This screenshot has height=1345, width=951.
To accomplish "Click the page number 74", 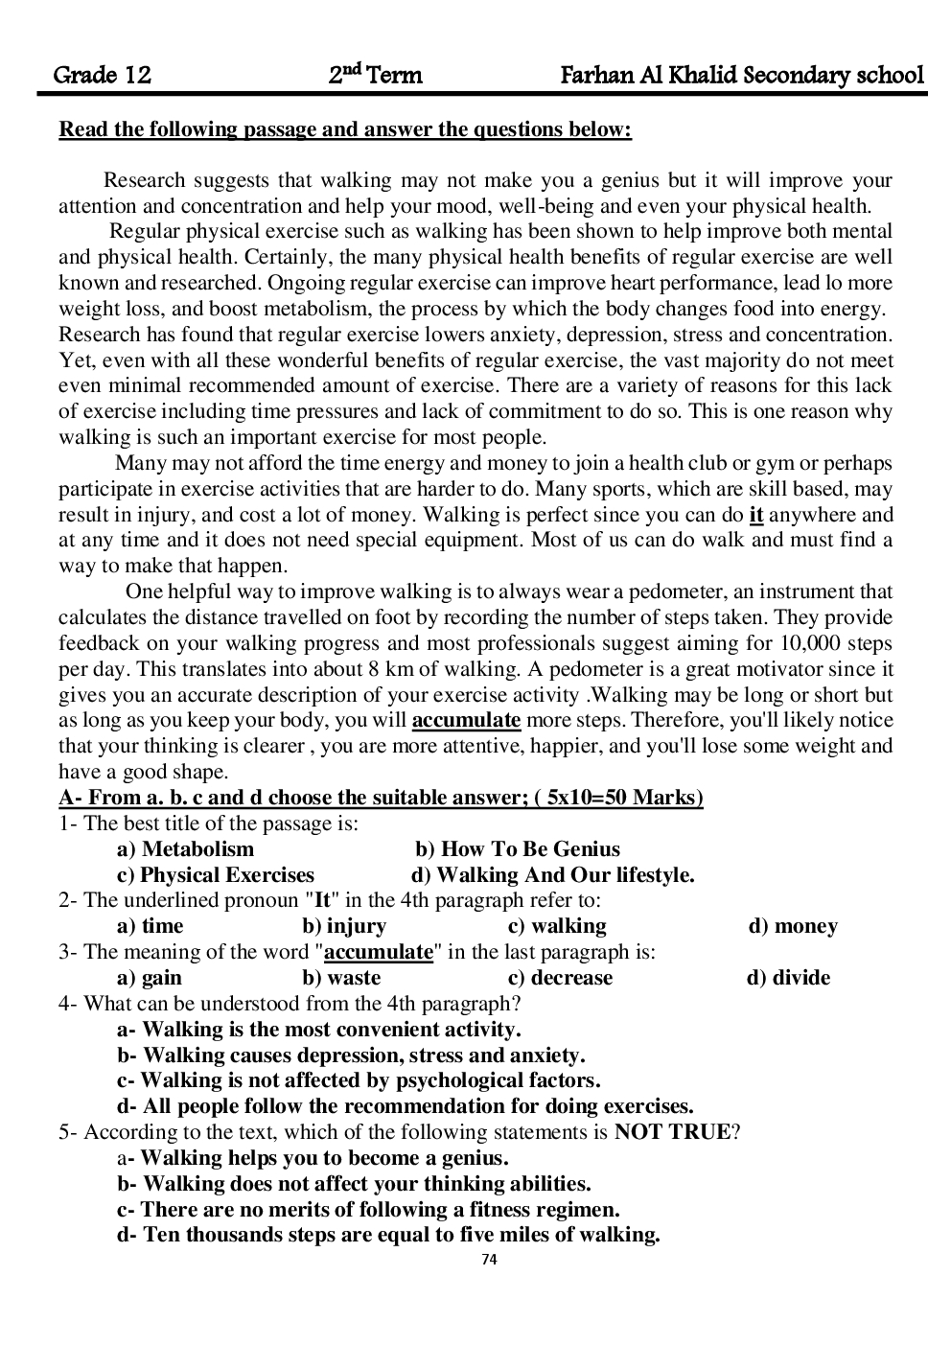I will [489, 1260].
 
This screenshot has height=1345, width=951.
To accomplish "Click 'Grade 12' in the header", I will [103, 76].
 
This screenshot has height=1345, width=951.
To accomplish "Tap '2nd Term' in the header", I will [375, 75].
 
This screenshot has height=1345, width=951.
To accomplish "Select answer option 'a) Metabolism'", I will [185, 849].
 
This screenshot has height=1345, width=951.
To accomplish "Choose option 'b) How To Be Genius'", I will [518, 849].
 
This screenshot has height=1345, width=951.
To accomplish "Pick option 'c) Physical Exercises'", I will [216, 875].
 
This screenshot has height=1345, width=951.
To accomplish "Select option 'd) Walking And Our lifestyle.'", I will [553, 875].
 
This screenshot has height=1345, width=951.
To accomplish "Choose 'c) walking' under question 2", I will [557, 926].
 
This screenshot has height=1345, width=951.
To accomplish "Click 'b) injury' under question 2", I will [344, 926].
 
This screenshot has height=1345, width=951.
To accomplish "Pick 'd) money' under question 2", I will [793, 926].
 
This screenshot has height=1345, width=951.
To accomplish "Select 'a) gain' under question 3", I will [150, 978].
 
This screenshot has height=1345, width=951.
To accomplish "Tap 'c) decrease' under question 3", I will [560, 978].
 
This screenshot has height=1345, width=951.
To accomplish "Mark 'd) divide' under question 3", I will [788, 978].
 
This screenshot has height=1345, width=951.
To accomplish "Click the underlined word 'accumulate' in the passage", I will [466, 721].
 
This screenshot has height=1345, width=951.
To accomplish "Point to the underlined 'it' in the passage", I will [756, 515].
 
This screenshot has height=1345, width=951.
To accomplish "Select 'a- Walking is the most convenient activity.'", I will [319, 1030].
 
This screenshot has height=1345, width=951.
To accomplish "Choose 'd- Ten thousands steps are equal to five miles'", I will [388, 1235].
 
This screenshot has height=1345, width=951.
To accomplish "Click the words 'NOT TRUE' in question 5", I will [673, 1132].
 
